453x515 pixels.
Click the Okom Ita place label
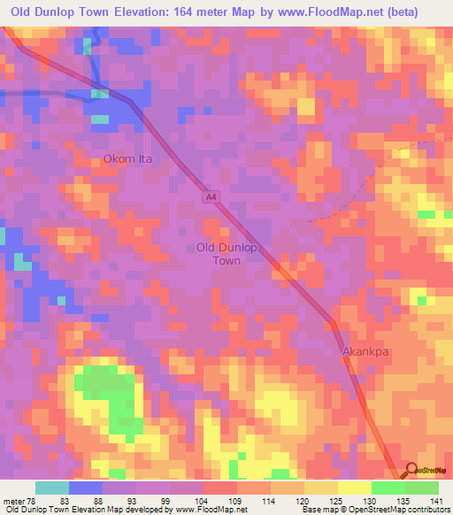[x=127, y=159]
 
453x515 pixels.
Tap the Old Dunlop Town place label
[x=226, y=254]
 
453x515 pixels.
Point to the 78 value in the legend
[x=34, y=500]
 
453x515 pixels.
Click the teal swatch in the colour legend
[x=52, y=488]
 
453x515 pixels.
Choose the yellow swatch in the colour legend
[x=354, y=488]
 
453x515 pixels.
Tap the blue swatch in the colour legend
[x=86, y=488]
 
